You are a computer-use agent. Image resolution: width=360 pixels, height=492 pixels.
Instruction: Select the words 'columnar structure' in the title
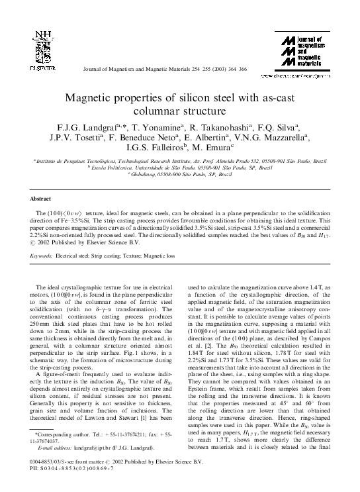click(179, 111)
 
